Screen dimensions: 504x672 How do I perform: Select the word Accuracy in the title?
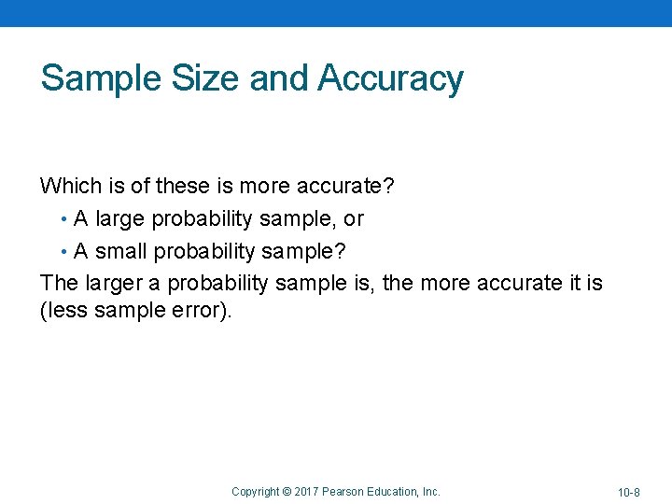pos(390,78)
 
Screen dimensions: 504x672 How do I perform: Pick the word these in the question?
pos(183,186)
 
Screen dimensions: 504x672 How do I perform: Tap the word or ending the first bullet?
pos(354,219)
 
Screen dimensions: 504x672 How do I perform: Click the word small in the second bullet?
pos(120,252)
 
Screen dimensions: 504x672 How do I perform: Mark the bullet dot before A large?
pos(63,219)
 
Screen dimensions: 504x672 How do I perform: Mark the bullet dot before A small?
pos(63,252)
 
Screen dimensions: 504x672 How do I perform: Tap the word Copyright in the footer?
pos(255,491)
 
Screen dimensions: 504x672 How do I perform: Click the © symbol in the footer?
pos(287,491)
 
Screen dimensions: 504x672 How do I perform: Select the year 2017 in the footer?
pos(306,491)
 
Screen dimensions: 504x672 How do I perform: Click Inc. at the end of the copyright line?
pos(430,491)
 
